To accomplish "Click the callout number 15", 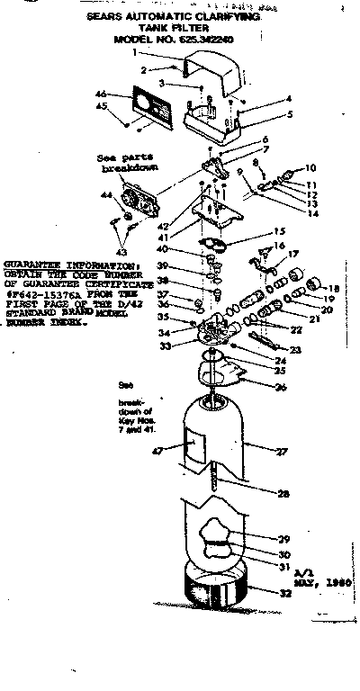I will [x=279, y=231].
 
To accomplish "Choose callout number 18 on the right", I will [x=335, y=288].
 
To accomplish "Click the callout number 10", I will [x=310, y=168].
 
